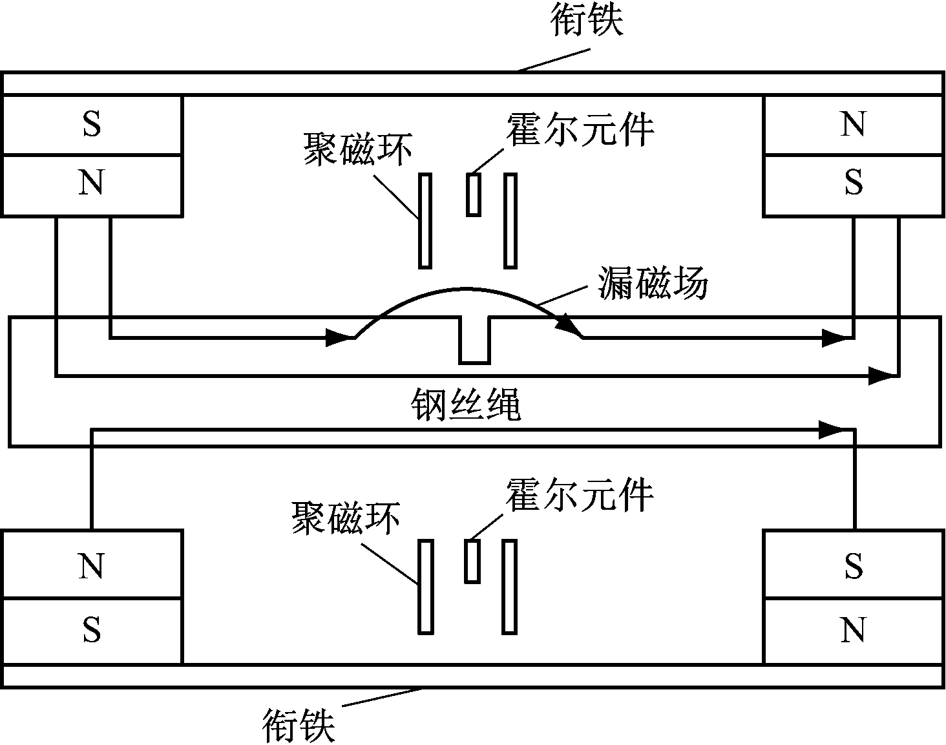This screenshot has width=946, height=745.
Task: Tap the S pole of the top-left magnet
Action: [91, 125]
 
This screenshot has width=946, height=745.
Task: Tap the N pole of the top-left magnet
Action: [91, 184]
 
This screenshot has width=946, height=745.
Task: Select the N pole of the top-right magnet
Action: [852, 125]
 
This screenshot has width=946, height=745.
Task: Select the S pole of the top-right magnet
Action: [852, 184]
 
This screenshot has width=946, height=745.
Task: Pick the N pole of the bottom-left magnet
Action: [91, 566]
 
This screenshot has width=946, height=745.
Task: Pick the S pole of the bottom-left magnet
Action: [91, 629]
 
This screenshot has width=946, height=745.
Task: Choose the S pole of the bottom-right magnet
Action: [852, 566]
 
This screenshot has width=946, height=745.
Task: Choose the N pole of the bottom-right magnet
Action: [852, 629]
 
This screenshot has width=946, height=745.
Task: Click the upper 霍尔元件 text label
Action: [580, 129]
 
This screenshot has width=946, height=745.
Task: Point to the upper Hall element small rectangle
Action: [474, 194]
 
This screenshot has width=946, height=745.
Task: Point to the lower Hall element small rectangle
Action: [472, 561]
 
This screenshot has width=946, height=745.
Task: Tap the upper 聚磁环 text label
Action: [357, 150]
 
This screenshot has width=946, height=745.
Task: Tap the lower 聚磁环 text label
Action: [346, 518]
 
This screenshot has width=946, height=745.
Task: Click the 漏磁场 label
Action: [653, 284]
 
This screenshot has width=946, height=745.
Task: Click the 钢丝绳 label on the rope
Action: [465, 405]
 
